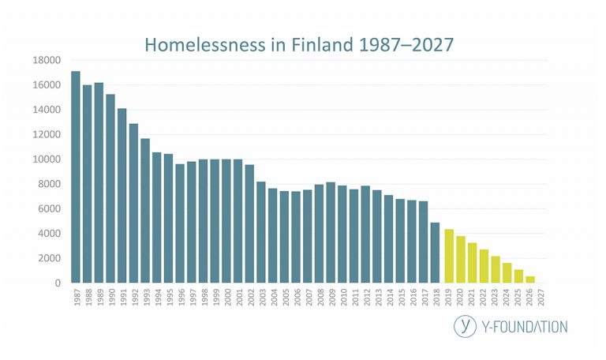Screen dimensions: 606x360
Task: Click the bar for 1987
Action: pyautogui.click(x=76, y=177)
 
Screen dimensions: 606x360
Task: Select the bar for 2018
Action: pyautogui.click(x=436, y=253)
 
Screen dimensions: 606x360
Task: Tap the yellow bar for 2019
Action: pyautogui.click(x=449, y=256)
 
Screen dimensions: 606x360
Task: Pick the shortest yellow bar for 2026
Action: pyautogui.click(x=530, y=279)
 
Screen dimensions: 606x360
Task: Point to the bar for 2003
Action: pyautogui.click(x=261, y=232)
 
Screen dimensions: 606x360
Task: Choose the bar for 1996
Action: pyautogui.click(x=180, y=223)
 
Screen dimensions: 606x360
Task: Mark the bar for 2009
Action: pyautogui.click(x=331, y=232)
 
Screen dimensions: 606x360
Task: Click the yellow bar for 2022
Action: pyautogui.click(x=484, y=266)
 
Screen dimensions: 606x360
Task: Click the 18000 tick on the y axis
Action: pyautogui.click(x=47, y=60)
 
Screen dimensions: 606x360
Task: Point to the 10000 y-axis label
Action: pyautogui.click(x=47, y=159)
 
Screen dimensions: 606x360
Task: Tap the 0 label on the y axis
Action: pyautogui.click(x=58, y=283)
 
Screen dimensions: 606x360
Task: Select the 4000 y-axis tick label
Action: pyautogui.click(x=50, y=234)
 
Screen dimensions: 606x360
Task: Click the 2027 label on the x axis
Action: pyautogui.click(x=541, y=298)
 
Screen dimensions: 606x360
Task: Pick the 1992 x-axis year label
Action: pyautogui.click(x=135, y=298)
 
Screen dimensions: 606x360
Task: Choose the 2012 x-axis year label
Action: pyautogui.click(x=367, y=298)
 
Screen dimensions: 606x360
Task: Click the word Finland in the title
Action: pyautogui.click(x=322, y=44)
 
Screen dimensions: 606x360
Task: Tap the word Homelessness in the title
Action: pyautogui.click(x=205, y=44)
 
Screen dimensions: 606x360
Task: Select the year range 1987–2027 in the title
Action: pyautogui.click(x=406, y=44)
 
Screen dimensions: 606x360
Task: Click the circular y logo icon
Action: pyautogui.click(x=465, y=326)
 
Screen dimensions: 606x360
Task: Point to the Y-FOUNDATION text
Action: pyautogui.click(x=525, y=327)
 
